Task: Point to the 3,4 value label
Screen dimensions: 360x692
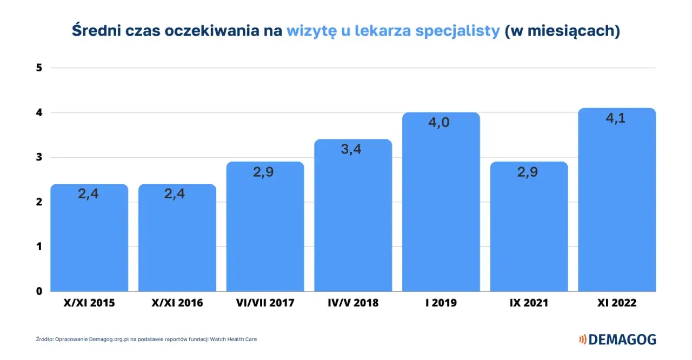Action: [351, 149]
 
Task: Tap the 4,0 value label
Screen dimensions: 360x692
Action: [439, 122]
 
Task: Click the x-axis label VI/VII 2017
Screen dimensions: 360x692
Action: [265, 303]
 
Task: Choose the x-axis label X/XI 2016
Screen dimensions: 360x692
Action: [177, 303]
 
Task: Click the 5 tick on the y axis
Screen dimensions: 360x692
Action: [39, 68]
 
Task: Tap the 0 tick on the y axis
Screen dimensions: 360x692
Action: [39, 291]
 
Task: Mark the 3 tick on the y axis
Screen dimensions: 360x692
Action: [39, 157]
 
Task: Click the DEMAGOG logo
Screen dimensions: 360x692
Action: [617, 339]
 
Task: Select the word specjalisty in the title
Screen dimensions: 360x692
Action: [457, 31]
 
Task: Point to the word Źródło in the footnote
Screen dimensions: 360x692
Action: [45, 339]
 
